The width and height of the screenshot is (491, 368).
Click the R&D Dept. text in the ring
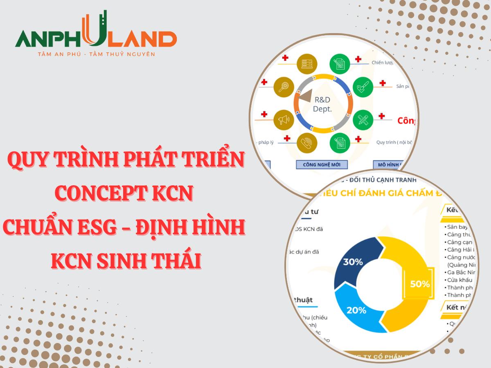click(x=322, y=104)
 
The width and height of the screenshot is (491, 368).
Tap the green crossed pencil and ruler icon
click(x=363, y=120)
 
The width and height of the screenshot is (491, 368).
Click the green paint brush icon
click(x=363, y=87)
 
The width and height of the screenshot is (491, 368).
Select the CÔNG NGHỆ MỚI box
click(x=322, y=165)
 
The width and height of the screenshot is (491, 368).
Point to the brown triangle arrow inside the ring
click(x=305, y=96)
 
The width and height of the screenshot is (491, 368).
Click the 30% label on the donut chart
click(x=353, y=262)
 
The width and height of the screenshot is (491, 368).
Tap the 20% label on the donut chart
click(x=356, y=310)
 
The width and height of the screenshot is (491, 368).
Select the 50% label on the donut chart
click(x=420, y=284)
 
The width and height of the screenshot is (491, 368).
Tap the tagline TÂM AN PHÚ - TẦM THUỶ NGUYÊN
click(x=96, y=54)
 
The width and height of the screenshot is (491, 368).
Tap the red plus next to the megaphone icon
click(x=264, y=114)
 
